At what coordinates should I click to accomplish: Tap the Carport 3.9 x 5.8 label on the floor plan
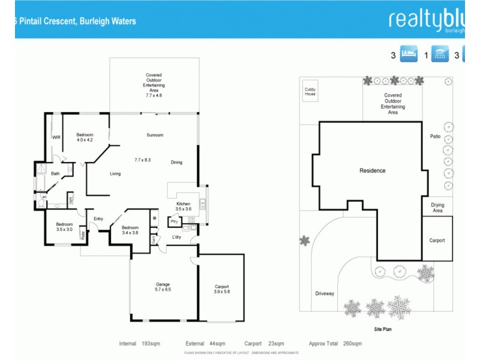[x=221, y=289]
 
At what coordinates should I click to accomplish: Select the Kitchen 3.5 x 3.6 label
[x=183, y=206]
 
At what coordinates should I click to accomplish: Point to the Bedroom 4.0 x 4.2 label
[x=85, y=137]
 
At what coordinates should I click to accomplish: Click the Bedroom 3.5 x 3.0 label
[x=64, y=227]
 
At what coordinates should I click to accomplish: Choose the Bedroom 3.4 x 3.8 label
[x=130, y=230]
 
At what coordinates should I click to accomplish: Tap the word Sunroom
[x=155, y=135]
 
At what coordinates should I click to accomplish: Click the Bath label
[x=55, y=174]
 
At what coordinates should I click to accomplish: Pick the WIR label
[x=56, y=137]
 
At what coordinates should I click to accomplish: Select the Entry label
[x=98, y=219]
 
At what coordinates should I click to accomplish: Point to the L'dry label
[x=176, y=237]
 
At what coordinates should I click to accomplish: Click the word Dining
[x=176, y=162]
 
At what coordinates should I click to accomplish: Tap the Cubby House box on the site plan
[x=310, y=92]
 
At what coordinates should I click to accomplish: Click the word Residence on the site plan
[x=372, y=171]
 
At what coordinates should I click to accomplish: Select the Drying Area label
[x=437, y=208]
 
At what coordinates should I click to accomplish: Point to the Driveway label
[x=325, y=293]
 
